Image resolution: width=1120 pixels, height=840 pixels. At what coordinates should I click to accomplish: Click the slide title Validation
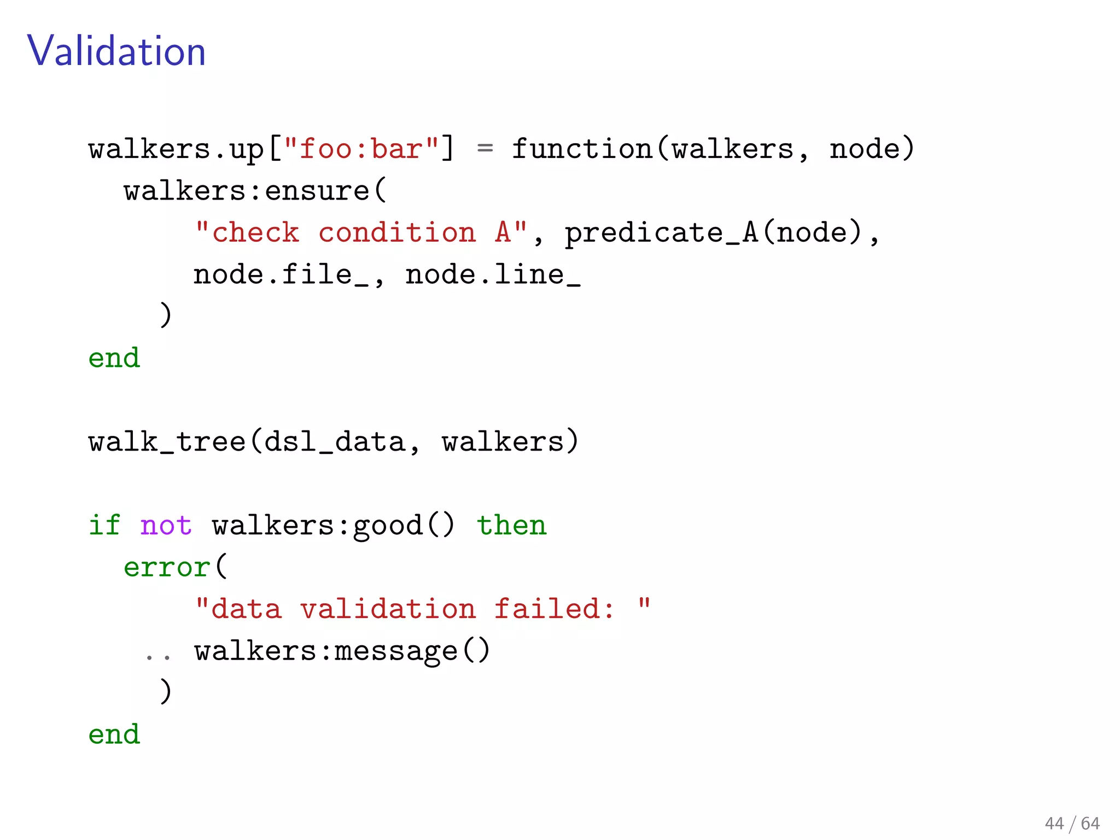(116, 51)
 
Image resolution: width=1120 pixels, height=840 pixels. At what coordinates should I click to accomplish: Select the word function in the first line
(582, 149)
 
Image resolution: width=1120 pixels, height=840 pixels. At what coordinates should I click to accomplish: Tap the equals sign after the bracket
(485, 149)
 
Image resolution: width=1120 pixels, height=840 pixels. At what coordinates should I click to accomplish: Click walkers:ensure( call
(255, 191)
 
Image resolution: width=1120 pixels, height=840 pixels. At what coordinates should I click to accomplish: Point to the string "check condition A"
(361, 232)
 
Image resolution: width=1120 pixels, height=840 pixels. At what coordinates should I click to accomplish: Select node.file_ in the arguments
(281, 275)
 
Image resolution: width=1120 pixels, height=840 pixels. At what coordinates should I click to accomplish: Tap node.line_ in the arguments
(493, 275)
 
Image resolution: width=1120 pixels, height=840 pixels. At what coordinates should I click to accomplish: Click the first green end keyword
(114, 358)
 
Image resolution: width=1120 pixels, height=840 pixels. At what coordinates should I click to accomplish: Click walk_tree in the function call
(167, 442)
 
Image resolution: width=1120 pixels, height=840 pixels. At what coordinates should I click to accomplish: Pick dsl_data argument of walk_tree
(334, 442)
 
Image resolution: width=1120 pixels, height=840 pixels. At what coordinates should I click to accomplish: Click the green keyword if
(104, 526)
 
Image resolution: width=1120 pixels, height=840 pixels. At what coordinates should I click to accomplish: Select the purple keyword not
(166, 526)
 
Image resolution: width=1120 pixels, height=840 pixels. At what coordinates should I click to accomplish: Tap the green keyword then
(511, 526)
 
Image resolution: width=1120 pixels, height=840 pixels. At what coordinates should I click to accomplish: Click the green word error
(167, 567)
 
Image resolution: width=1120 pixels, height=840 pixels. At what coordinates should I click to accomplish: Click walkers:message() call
(342, 651)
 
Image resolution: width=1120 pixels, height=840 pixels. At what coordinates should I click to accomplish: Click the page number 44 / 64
(1072, 823)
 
